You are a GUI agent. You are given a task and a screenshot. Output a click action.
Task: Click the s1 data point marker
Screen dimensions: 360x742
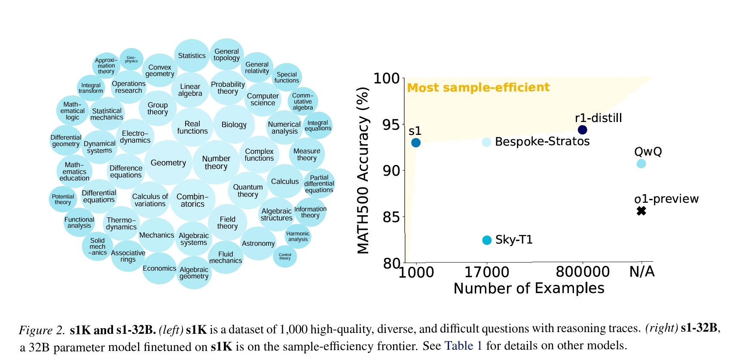[415, 143]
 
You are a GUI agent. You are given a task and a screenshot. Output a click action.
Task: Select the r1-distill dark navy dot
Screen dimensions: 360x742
[582, 130]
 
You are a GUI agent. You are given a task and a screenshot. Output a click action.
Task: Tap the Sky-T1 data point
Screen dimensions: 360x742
[487, 240]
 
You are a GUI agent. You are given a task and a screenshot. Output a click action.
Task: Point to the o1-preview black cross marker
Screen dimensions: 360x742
[641, 211]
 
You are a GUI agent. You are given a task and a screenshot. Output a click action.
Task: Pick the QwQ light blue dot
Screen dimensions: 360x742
[641, 164]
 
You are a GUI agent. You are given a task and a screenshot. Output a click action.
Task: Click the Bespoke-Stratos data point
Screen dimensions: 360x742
[486, 142]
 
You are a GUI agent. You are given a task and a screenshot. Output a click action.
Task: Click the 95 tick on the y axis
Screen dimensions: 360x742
[391, 125]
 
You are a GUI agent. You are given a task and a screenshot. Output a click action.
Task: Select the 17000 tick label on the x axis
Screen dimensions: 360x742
[486, 272]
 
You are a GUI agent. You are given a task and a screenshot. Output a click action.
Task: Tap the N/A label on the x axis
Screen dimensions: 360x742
[642, 272]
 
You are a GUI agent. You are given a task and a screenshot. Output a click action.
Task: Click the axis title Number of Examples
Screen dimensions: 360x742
[528, 288]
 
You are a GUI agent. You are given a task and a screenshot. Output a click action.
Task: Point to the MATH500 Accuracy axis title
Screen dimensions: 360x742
[363, 171]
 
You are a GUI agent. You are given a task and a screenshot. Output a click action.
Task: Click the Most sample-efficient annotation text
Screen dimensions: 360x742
[478, 88]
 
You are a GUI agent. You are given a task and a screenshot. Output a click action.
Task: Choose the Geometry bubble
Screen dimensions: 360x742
[168, 163]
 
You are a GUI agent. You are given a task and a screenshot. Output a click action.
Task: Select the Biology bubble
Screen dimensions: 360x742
[234, 125]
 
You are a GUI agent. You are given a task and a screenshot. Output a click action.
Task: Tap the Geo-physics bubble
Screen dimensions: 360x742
[131, 59]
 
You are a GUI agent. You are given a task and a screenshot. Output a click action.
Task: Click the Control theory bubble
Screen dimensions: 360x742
[285, 256]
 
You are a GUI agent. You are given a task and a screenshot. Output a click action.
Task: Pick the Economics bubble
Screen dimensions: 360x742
[159, 268]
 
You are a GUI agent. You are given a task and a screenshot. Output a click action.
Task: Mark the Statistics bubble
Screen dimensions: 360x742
[192, 56]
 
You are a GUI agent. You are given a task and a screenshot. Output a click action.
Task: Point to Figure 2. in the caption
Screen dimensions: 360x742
[42, 330]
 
